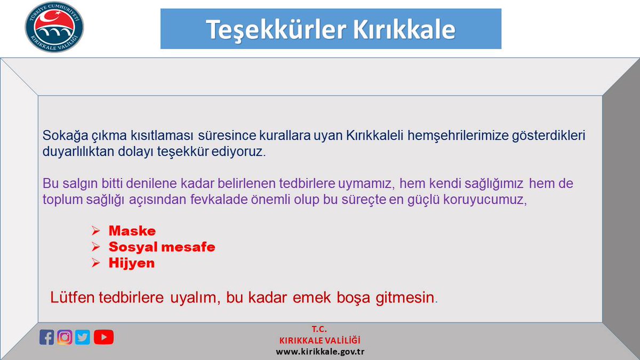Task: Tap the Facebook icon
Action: (x=47, y=337)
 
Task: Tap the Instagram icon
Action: (x=65, y=337)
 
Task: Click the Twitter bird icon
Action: (x=83, y=337)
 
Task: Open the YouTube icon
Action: (x=103, y=337)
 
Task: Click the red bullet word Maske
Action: (x=132, y=231)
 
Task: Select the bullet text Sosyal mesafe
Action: (x=162, y=247)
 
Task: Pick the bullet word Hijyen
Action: (x=131, y=263)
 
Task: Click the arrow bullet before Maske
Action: (x=95, y=231)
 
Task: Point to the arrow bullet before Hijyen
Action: (x=95, y=263)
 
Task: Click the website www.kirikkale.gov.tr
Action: (x=320, y=352)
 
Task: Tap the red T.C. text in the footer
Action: (x=320, y=330)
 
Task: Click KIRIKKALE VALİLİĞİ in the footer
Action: (x=320, y=341)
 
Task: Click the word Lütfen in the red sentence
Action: (x=73, y=298)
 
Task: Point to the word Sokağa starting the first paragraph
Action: (x=61, y=135)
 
